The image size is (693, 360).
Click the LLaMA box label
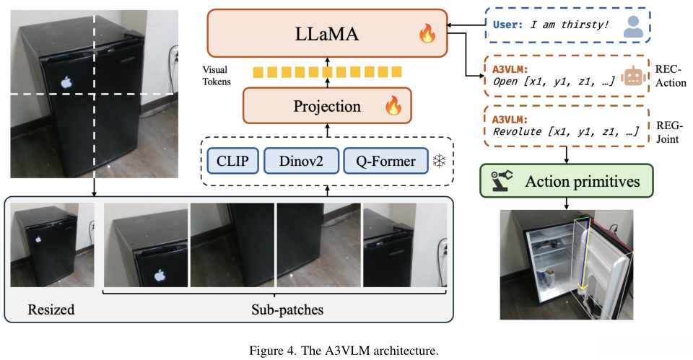pyautogui.click(x=326, y=34)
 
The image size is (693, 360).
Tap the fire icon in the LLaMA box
pyautogui.click(x=427, y=34)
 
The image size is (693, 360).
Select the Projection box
pyautogui.click(x=327, y=105)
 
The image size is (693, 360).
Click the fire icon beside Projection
pyautogui.click(x=393, y=105)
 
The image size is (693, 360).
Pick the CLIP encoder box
pyautogui.click(x=232, y=161)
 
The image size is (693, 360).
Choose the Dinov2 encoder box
pyautogui.click(x=301, y=161)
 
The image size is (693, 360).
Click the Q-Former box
pyautogui.click(x=385, y=161)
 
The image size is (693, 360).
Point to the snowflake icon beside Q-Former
pyautogui.click(x=439, y=161)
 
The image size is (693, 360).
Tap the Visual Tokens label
pyautogui.click(x=216, y=76)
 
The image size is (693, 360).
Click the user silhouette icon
pyautogui.click(x=633, y=27)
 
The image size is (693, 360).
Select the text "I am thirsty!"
pyautogui.click(x=570, y=25)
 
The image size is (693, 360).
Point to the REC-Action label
pyautogui.click(x=671, y=76)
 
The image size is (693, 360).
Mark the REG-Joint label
pyautogui.click(x=668, y=133)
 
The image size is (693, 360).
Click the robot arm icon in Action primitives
pyautogui.click(x=502, y=180)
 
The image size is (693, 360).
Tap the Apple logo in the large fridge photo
pyautogui.click(x=66, y=82)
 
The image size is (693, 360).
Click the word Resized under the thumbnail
pyautogui.click(x=51, y=309)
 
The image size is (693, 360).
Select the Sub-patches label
pyautogui.click(x=287, y=309)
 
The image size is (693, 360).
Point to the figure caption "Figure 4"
pyautogui.click(x=271, y=351)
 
